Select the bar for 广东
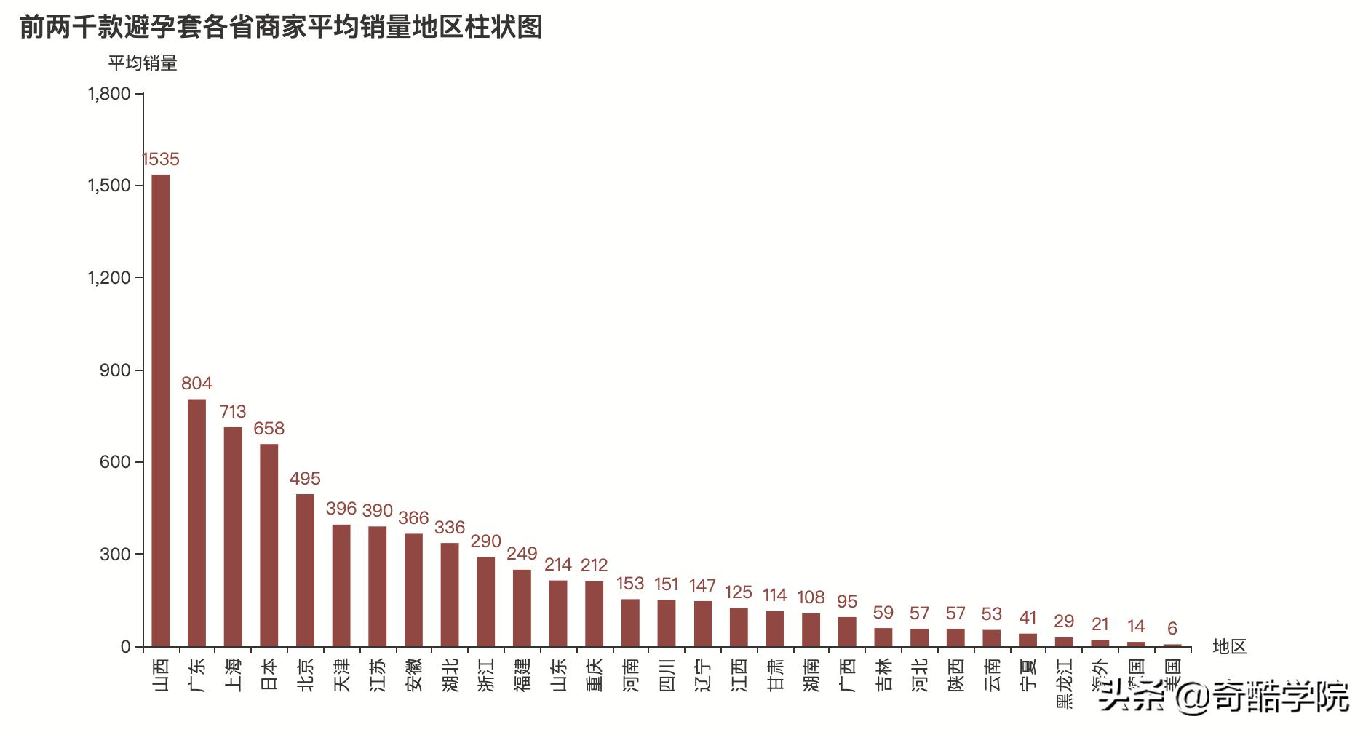(196, 522)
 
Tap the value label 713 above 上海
(233, 412)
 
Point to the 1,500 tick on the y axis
(110, 186)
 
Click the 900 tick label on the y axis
(116, 370)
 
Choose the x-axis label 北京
(306, 674)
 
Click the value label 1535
(160, 159)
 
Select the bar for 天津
(341, 585)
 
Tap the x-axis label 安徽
(414, 674)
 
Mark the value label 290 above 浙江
(485, 541)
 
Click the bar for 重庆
(595, 613)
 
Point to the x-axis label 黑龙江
(1064, 684)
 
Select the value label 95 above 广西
(847, 602)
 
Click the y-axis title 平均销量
(143, 63)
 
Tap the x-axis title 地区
(1230, 646)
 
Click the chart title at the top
(281, 27)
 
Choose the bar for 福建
(522, 608)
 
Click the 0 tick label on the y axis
(126, 647)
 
